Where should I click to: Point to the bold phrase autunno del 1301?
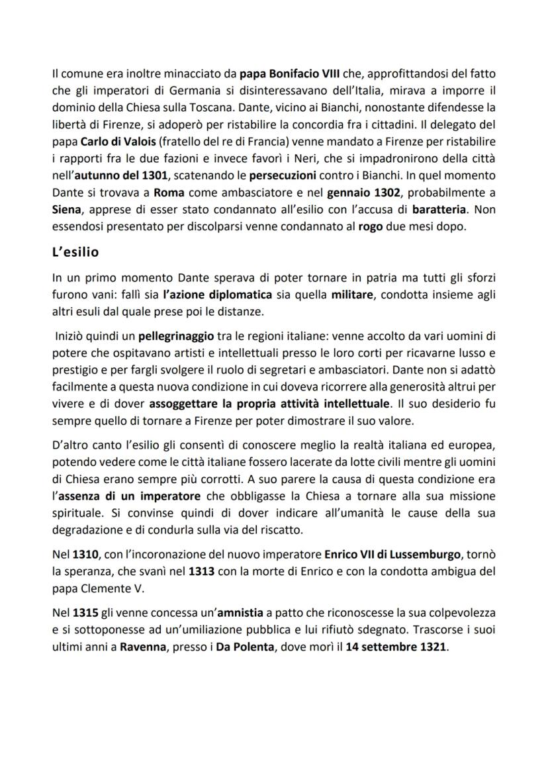pos(117,177)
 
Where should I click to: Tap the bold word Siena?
pos(67,213)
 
